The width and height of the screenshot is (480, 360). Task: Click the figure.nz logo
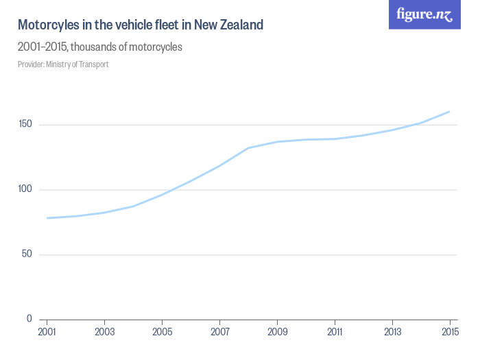click(424, 14)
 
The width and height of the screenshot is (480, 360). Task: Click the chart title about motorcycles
click(140, 25)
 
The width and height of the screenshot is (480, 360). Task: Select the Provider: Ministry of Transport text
click(63, 64)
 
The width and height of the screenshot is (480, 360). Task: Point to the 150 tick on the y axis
click(25, 125)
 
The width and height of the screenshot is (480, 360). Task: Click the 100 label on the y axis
click(25, 189)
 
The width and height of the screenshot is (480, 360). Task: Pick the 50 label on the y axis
click(27, 254)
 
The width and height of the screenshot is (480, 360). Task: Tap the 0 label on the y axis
click(29, 319)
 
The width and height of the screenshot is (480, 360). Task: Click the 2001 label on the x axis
click(47, 333)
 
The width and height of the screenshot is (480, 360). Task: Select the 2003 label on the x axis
click(104, 333)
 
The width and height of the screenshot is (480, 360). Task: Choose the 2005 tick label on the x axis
click(162, 333)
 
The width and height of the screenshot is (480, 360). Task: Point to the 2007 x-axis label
click(219, 333)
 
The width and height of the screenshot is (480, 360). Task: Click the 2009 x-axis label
click(277, 333)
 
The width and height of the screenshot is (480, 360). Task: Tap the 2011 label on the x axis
click(335, 333)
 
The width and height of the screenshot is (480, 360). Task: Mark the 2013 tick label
click(392, 333)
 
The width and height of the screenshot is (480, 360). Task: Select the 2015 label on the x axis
click(449, 333)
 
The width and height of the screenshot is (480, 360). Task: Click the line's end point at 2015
click(449, 111)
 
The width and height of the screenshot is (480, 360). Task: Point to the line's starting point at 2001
click(47, 218)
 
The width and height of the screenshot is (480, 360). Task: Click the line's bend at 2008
click(248, 148)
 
